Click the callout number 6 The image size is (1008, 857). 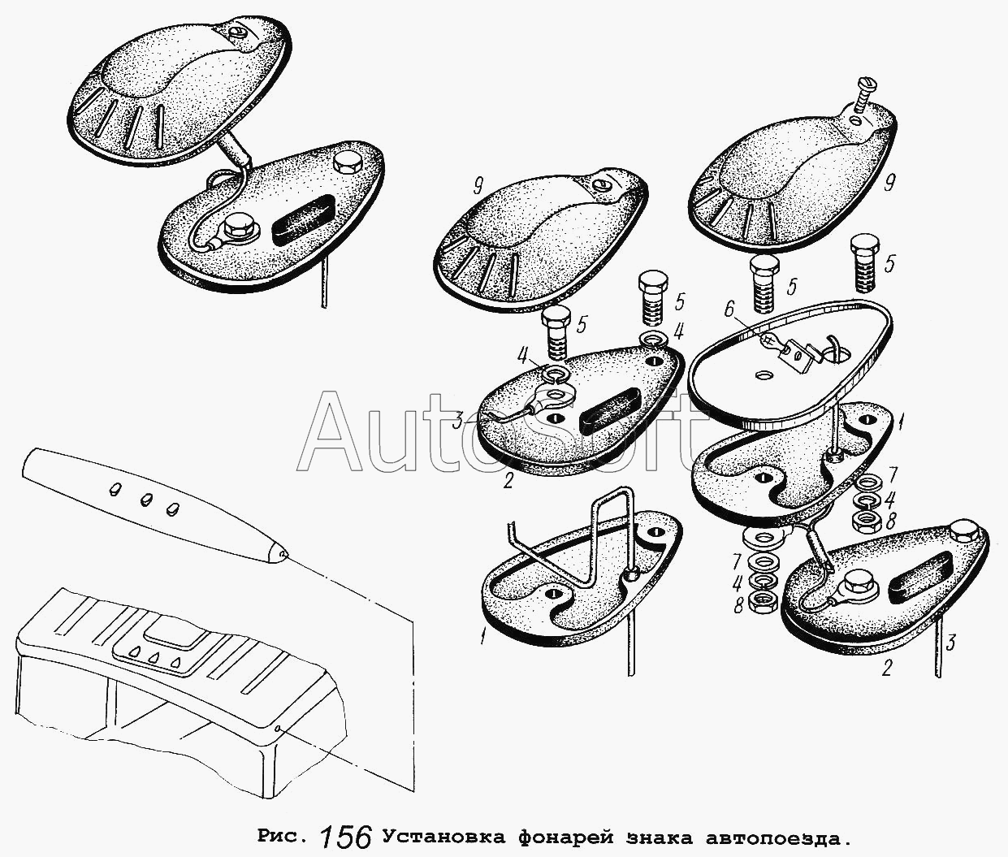(x=729, y=310)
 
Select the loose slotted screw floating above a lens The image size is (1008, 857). (x=863, y=106)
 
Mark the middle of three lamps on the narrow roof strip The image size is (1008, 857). (x=145, y=499)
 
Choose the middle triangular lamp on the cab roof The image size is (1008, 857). (x=154, y=657)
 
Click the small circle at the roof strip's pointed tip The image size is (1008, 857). (x=281, y=554)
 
